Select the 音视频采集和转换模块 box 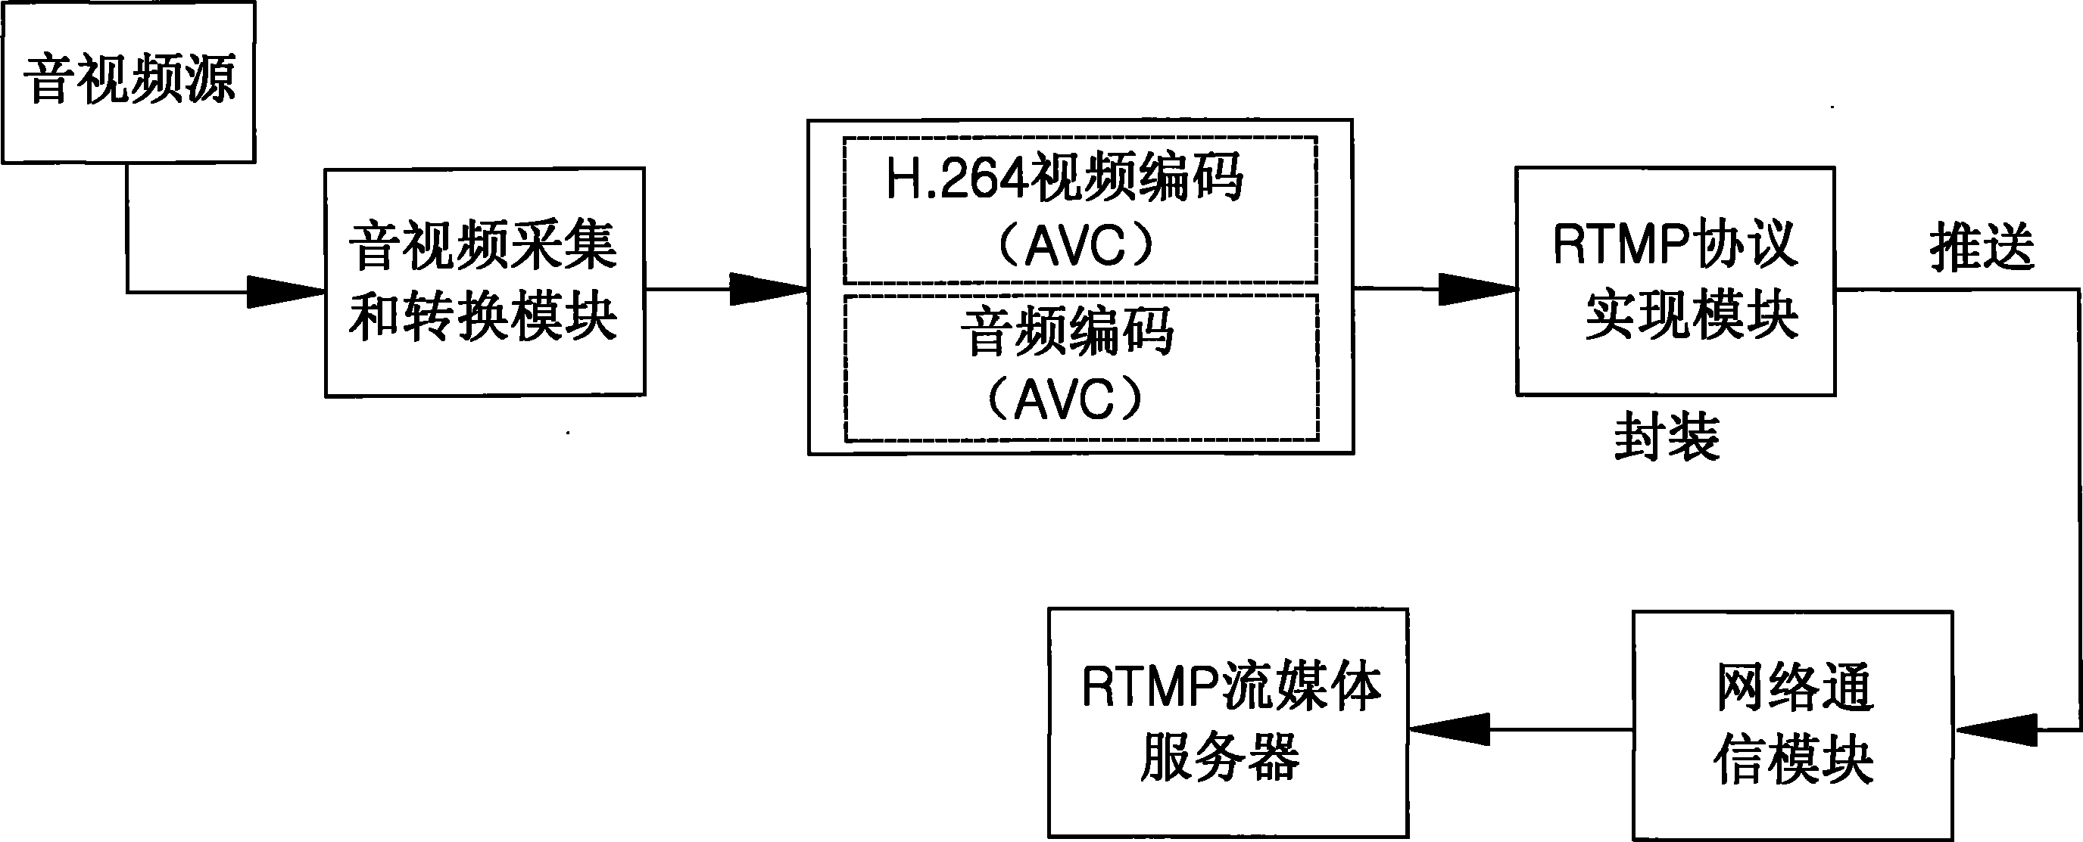coord(485,282)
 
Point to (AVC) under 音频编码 coord(1065,399)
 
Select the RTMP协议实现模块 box coord(1675,281)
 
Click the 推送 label coord(1981,247)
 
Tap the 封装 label coord(1667,438)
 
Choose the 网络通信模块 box coord(1793,725)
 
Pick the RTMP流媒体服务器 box coord(1227,723)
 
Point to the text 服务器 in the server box coord(1221,758)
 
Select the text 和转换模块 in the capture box coord(484,317)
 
